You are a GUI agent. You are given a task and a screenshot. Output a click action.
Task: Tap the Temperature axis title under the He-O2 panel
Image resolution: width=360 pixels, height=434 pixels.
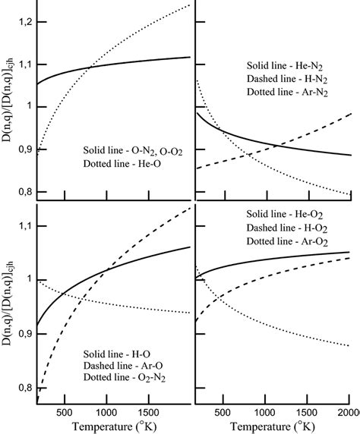279,426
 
